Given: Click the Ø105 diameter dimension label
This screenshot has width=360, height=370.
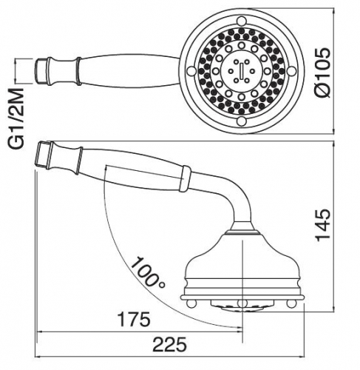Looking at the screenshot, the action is (x=322, y=72).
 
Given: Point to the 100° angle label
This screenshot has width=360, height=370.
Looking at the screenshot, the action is (x=147, y=272).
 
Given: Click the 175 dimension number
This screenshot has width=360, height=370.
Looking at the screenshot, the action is (x=133, y=320).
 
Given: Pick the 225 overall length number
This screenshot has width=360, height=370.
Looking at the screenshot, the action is (x=169, y=345).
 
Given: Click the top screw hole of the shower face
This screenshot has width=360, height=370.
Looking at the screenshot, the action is (x=242, y=21).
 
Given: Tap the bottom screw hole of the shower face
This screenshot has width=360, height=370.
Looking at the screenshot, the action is (x=242, y=121).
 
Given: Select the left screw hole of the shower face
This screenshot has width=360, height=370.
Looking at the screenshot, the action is (x=191, y=71).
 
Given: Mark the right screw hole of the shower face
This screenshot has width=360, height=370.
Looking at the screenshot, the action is (x=291, y=71).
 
